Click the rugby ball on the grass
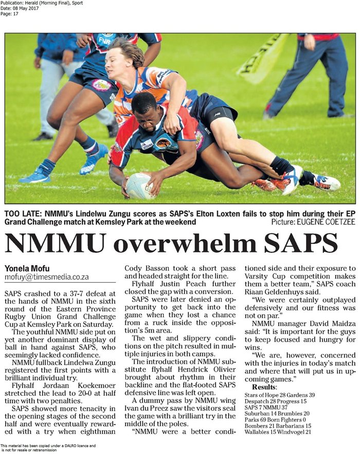coord(139,186)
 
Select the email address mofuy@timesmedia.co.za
coord(47,277)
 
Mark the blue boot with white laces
coord(94,159)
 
